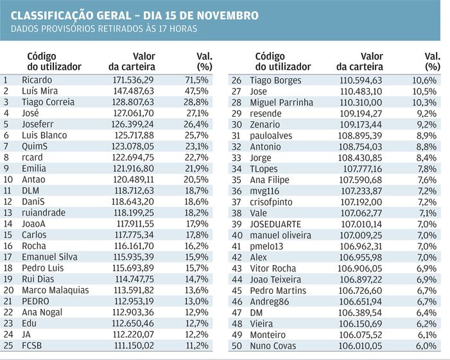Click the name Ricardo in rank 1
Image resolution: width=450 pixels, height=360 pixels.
[x=37, y=80]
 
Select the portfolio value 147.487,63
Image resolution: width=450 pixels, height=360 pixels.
[x=134, y=91]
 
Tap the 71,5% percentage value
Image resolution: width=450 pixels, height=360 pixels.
[x=196, y=80]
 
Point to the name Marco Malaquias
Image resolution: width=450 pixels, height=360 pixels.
[x=55, y=290]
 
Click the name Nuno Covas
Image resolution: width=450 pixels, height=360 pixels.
[x=273, y=346]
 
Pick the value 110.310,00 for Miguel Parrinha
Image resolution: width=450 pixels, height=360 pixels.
[x=361, y=103]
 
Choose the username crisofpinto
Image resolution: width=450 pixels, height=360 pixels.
[x=271, y=202]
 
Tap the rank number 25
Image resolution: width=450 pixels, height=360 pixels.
[x=8, y=346]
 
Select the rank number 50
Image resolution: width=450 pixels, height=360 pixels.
[x=237, y=346]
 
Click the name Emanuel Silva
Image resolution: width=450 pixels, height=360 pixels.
[x=49, y=257]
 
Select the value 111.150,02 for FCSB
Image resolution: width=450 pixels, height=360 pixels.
[x=134, y=346]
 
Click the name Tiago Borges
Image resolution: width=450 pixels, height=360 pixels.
[x=275, y=81]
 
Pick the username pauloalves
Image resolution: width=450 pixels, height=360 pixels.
[x=271, y=135]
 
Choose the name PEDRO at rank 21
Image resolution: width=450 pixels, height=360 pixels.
[x=35, y=302]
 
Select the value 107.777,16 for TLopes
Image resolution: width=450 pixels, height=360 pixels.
[x=363, y=169]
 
